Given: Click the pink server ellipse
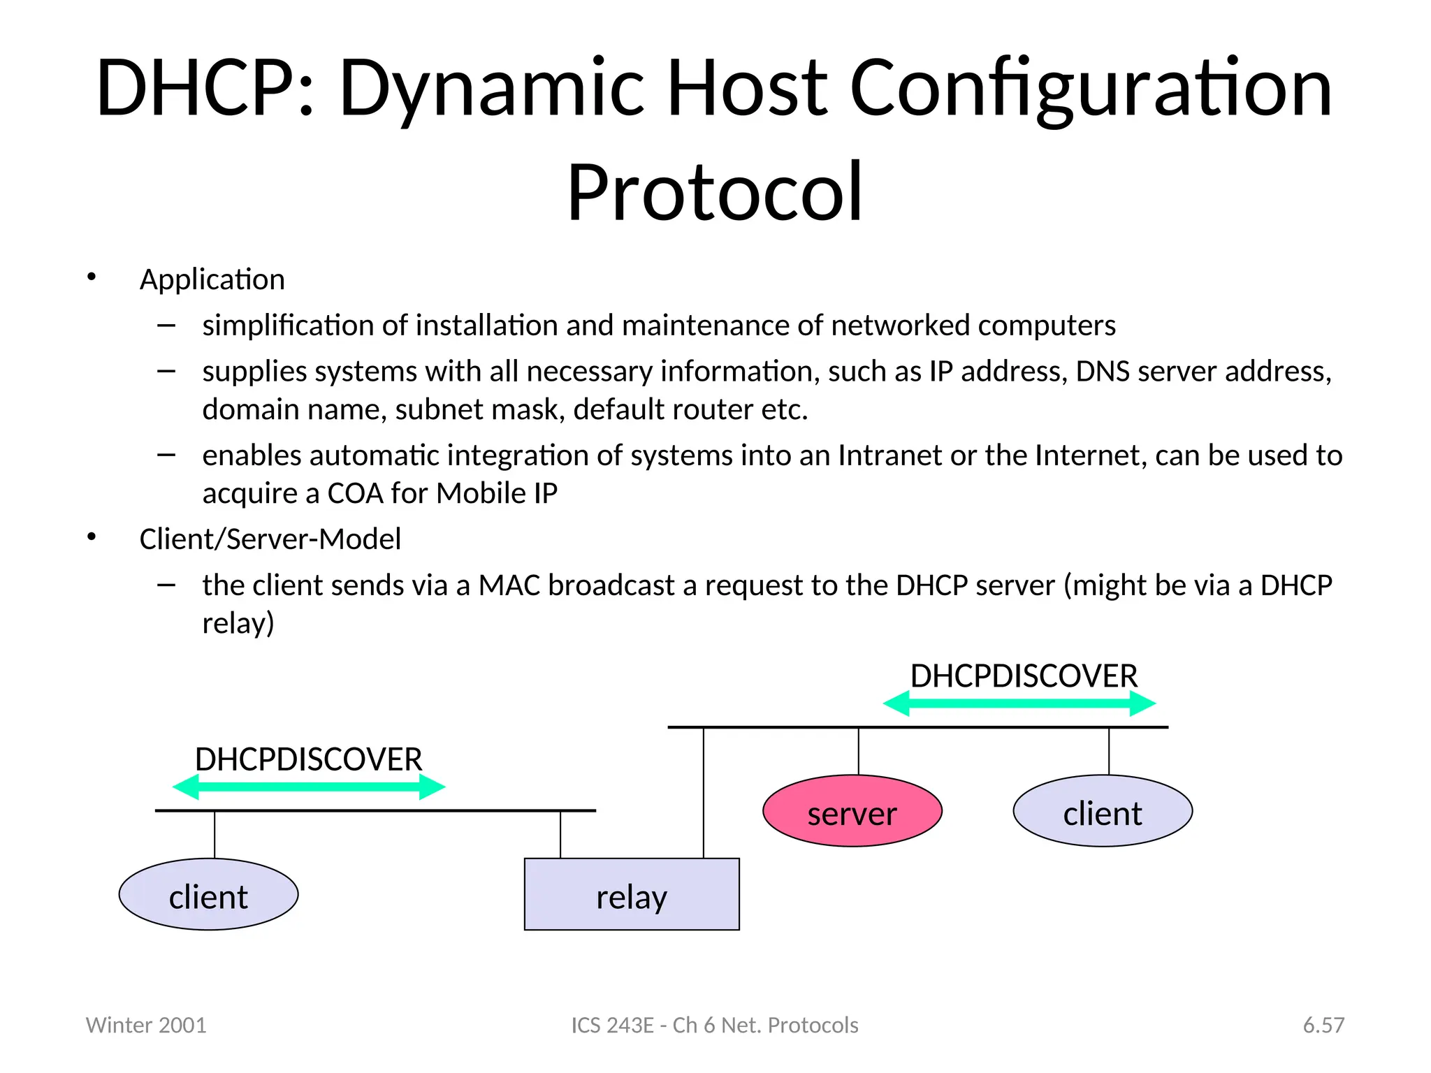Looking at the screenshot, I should [x=852, y=811].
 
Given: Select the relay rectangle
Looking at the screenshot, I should [x=631, y=894].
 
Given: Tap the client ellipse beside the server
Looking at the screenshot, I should [x=1102, y=811].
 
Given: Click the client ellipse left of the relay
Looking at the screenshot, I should [x=208, y=894].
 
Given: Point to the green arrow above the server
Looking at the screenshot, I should [x=1019, y=703].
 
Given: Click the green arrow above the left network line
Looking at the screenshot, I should [x=308, y=787].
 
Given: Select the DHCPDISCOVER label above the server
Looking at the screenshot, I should [x=1024, y=676].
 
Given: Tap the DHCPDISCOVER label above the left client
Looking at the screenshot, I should [x=308, y=759].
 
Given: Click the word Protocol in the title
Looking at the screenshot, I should [x=715, y=192].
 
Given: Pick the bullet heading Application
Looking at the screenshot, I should [x=212, y=279].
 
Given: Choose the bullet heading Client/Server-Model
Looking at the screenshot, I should [x=270, y=539].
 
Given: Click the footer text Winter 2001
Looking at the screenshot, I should [x=146, y=1025].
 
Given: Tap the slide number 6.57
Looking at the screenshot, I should [x=1323, y=1025].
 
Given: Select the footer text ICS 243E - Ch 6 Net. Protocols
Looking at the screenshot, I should [x=714, y=1025].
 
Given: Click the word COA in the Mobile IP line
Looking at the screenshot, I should [x=355, y=493].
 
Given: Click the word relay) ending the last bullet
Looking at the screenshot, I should [x=238, y=623].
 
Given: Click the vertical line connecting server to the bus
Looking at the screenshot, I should [x=858, y=751].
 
